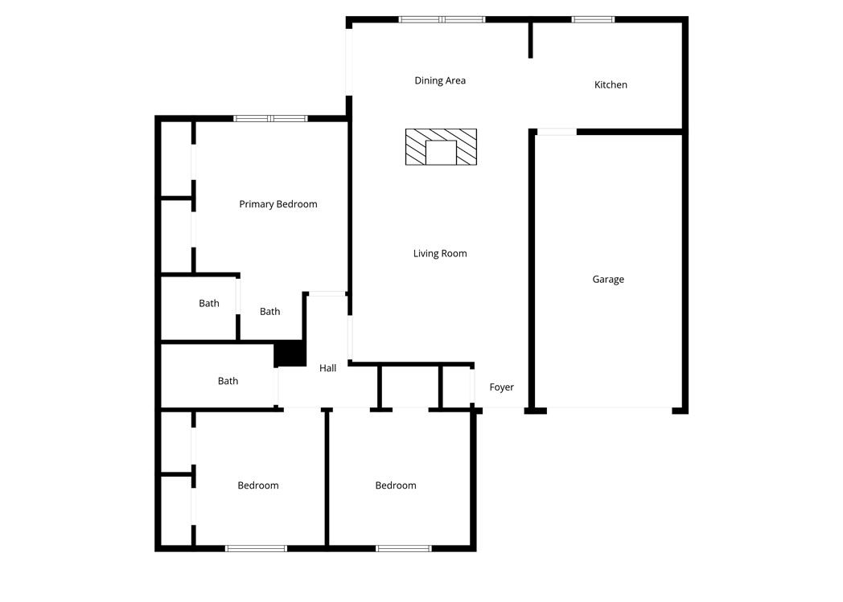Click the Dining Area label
(440, 80)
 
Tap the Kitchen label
(611, 84)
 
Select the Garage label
(608, 280)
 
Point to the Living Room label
(440, 253)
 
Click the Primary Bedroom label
(278, 204)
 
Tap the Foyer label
(501, 387)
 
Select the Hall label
(327, 368)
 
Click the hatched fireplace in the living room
(440, 147)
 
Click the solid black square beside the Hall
(289, 354)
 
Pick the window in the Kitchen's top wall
(593, 18)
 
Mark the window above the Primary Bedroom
(270, 119)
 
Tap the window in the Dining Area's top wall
(442, 19)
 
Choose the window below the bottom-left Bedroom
(256, 548)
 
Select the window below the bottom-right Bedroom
(404, 548)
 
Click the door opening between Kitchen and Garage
(557, 132)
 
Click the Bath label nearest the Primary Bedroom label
(270, 311)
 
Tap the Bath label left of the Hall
(228, 381)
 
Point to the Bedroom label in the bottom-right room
(396, 485)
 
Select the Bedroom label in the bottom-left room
(258, 485)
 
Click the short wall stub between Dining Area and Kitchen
(530, 40)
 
